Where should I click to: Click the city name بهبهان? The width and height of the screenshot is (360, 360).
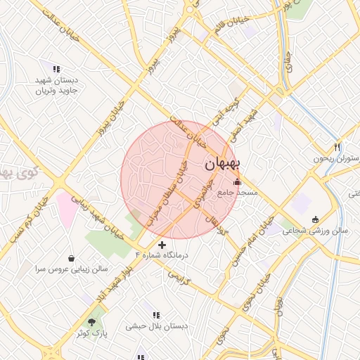(x=223, y=164)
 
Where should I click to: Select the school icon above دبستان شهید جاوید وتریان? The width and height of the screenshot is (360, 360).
(x=56, y=69)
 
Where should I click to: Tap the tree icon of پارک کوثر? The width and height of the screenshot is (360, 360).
(x=92, y=321)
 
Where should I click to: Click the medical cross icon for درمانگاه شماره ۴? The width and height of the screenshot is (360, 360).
(x=162, y=245)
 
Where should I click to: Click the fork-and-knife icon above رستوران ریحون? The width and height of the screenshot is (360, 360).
(x=337, y=147)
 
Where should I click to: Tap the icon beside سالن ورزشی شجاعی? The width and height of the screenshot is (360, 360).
(x=315, y=219)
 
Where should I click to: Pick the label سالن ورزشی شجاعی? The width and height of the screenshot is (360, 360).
(x=315, y=230)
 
